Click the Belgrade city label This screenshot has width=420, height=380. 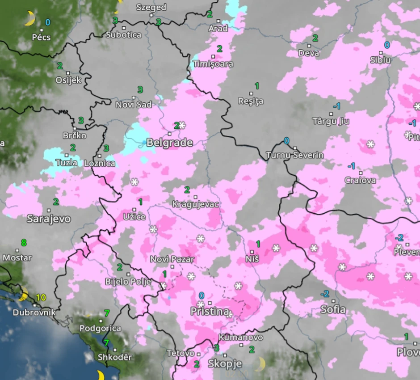[x=170, y=143]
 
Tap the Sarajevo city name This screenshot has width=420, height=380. [x=49, y=219]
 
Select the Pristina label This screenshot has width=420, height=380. [x=210, y=312]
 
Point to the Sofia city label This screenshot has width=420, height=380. [x=333, y=309]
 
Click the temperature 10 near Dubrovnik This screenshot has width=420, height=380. [x=41, y=297]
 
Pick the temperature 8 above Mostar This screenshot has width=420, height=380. [x=24, y=243]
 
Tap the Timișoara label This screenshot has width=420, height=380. [x=213, y=64]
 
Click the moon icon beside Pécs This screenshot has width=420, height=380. [x=29, y=19]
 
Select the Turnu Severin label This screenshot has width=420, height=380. [x=294, y=155]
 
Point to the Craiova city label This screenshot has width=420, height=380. [x=360, y=181]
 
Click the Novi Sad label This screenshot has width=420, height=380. [x=134, y=105]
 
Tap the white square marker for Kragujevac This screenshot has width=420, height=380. [x=195, y=197]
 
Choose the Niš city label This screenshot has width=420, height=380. [x=252, y=259]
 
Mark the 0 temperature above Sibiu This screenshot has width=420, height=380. [x=387, y=45]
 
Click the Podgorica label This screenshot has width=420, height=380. [x=100, y=329]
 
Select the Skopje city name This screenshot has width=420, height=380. [x=225, y=364]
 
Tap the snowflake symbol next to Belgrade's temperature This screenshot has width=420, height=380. [x=182, y=125]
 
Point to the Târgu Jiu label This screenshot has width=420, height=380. [x=331, y=121]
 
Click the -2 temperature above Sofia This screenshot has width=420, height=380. [x=325, y=294]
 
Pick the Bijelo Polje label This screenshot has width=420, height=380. [x=128, y=282]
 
